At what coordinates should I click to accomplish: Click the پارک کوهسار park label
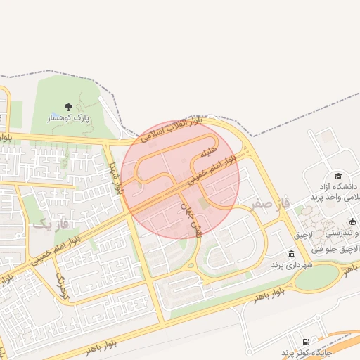click(69, 118)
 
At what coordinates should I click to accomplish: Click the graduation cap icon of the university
click(338, 176)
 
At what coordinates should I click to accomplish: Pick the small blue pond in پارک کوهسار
click(55, 114)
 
